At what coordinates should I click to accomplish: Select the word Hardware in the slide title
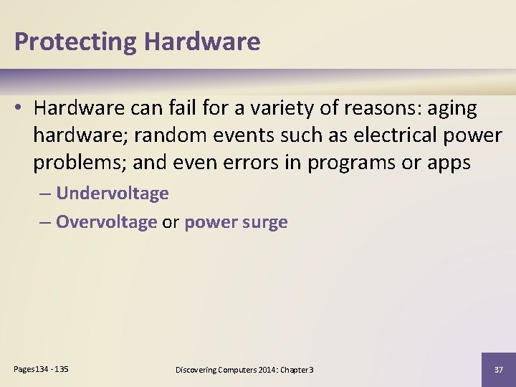tap(202, 42)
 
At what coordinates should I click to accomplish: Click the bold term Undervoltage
tap(112, 193)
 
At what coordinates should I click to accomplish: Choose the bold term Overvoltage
tap(106, 222)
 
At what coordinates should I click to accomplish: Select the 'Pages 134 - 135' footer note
tap(42, 368)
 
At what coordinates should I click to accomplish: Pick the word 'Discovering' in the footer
tap(197, 370)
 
